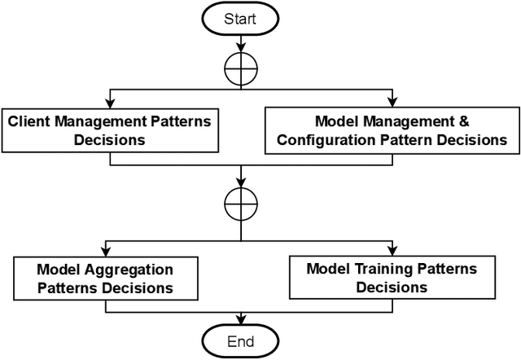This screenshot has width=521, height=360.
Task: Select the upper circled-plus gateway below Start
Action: (x=241, y=73)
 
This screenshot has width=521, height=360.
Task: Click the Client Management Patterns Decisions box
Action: (x=110, y=130)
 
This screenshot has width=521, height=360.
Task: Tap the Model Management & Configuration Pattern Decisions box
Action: (x=391, y=130)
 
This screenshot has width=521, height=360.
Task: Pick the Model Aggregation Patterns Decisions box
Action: (x=105, y=278)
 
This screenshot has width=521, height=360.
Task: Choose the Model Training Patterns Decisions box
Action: (x=392, y=278)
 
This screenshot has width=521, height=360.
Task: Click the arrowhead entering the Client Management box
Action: (x=110, y=104)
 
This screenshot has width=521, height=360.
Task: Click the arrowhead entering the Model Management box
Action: (x=391, y=104)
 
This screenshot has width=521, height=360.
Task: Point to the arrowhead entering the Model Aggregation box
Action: (x=105, y=252)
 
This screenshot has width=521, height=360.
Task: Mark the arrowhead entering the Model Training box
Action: (x=392, y=252)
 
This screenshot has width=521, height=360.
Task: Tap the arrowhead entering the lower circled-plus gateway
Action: (x=241, y=184)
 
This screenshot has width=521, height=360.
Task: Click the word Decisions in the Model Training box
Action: (x=392, y=288)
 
